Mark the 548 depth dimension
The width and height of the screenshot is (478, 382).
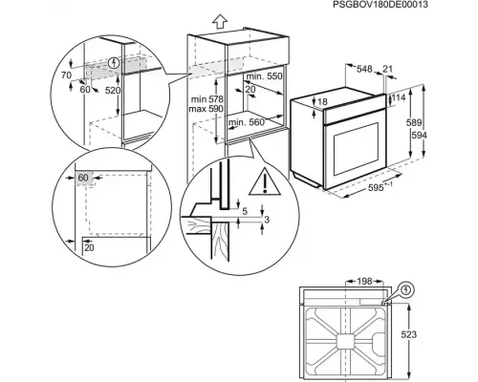click(x=363, y=70)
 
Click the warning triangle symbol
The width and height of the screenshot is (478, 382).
click(x=258, y=181)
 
